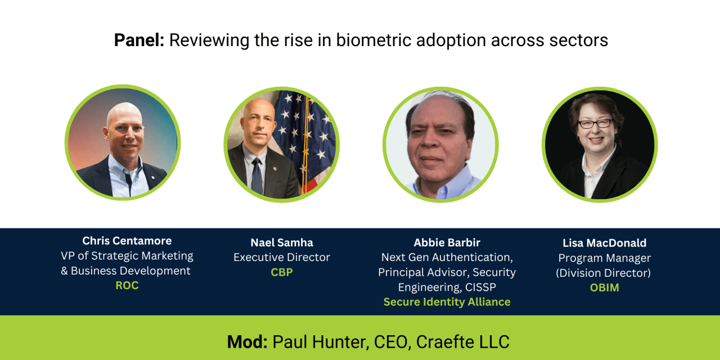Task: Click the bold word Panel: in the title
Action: coord(139,40)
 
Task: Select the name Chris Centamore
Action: coord(127,241)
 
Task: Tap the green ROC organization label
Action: coord(127,285)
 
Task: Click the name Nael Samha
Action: coord(282,242)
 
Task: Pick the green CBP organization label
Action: coord(282,272)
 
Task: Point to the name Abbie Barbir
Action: coord(447,242)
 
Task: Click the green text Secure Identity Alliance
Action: coord(447,302)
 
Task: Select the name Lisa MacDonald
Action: coord(604,243)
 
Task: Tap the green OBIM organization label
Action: coord(604,288)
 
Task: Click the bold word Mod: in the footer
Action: coord(247,341)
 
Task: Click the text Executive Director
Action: coord(282,258)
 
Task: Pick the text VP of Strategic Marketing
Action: coord(127,256)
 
